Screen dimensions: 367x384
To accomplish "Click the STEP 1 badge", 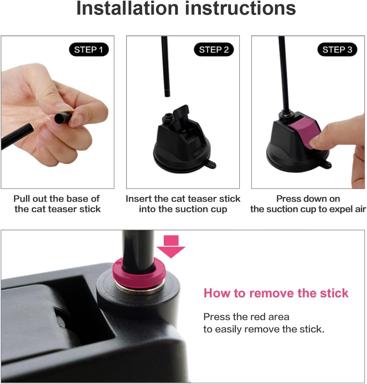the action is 89,49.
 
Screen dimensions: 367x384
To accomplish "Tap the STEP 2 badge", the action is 214,49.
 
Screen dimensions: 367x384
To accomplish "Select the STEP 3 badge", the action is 337,49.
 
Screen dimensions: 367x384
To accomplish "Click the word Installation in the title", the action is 127,8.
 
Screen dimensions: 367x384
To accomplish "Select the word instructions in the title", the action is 240,8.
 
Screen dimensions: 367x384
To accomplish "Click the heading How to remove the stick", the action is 276,293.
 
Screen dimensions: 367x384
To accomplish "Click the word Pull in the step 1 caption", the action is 22,199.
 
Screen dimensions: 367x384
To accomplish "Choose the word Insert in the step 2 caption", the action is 138,199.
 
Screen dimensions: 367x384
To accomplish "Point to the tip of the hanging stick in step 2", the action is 167,96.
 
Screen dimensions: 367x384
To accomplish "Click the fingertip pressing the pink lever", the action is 316,142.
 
